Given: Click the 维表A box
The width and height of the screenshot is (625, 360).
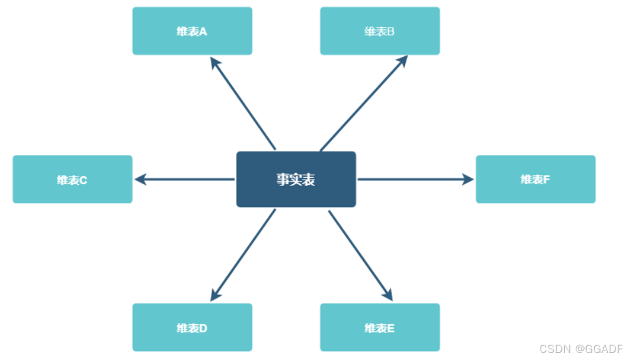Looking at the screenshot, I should click(192, 31).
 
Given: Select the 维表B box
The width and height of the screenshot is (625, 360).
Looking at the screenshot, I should click(380, 31).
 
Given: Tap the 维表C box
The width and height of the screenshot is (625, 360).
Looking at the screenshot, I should click(72, 180).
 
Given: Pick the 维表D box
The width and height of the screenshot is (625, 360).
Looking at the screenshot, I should click(192, 328).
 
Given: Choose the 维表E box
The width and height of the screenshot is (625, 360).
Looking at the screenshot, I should click(380, 328).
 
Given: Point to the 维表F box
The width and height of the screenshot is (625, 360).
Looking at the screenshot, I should click(536, 180).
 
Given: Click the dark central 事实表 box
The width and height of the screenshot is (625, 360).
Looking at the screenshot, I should click(296, 180).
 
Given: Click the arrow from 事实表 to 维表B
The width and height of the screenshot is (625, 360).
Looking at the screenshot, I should click(363, 104).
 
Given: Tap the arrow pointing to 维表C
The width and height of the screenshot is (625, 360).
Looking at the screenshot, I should click(185, 180).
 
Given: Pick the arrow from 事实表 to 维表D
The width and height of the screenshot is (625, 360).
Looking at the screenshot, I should click(243, 255).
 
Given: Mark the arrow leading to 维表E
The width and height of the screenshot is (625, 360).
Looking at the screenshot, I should click(360, 255).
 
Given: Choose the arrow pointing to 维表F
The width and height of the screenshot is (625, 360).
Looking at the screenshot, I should click(415, 180).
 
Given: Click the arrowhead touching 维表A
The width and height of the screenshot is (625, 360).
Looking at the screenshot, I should click(215, 63).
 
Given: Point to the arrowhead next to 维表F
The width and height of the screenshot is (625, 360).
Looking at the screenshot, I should click(468, 180).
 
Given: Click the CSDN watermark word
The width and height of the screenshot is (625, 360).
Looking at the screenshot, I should click(554, 349).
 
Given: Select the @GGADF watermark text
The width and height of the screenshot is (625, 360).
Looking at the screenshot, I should click(598, 349).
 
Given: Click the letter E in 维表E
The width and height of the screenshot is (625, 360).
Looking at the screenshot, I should click(390, 328).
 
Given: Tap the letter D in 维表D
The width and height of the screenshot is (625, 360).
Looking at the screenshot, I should click(203, 328).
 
